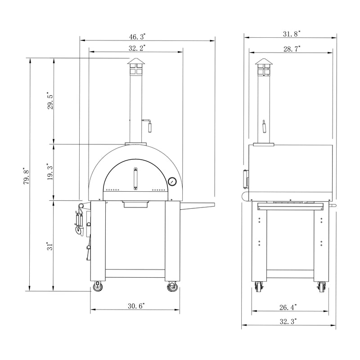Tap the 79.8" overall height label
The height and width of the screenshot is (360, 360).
coord(27,175)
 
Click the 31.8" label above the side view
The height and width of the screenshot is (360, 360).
coord(292,34)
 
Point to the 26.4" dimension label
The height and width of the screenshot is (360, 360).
coord(288,307)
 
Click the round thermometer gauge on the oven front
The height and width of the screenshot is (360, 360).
coord(172,181)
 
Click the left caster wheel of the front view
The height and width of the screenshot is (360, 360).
coord(98,287)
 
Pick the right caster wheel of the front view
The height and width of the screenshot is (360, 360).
coord(172,287)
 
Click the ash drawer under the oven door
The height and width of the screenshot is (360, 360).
coord(135,205)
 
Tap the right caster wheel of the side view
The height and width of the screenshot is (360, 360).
coord(322,287)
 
